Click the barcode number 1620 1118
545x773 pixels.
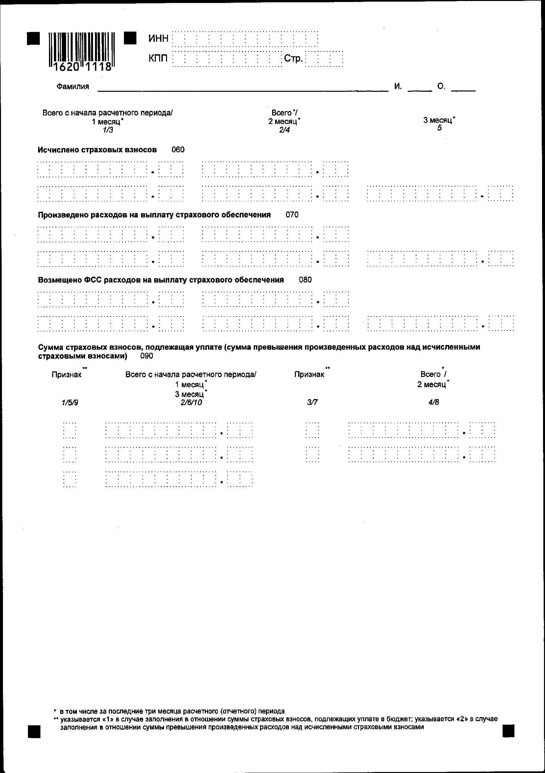[83, 67]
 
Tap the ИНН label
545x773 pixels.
[158, 39]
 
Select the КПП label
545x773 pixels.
[158, 59]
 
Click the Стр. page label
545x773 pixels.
[293, 59]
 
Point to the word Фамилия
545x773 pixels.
[73, 87]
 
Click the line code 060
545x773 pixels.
[178, 149]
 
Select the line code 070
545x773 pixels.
[292, 214]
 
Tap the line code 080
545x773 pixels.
[305, 280]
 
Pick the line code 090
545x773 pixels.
[147, 356]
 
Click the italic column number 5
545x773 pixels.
[439, 128]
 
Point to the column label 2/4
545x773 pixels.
[284, 130]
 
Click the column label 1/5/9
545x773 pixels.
[70, 403]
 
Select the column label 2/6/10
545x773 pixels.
[191, 402]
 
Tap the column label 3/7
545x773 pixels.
[312, 402]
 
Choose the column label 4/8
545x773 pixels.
[434, 402]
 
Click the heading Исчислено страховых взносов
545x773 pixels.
[97, 150]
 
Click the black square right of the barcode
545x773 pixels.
[130, 38]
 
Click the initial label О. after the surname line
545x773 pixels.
[441, 87]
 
